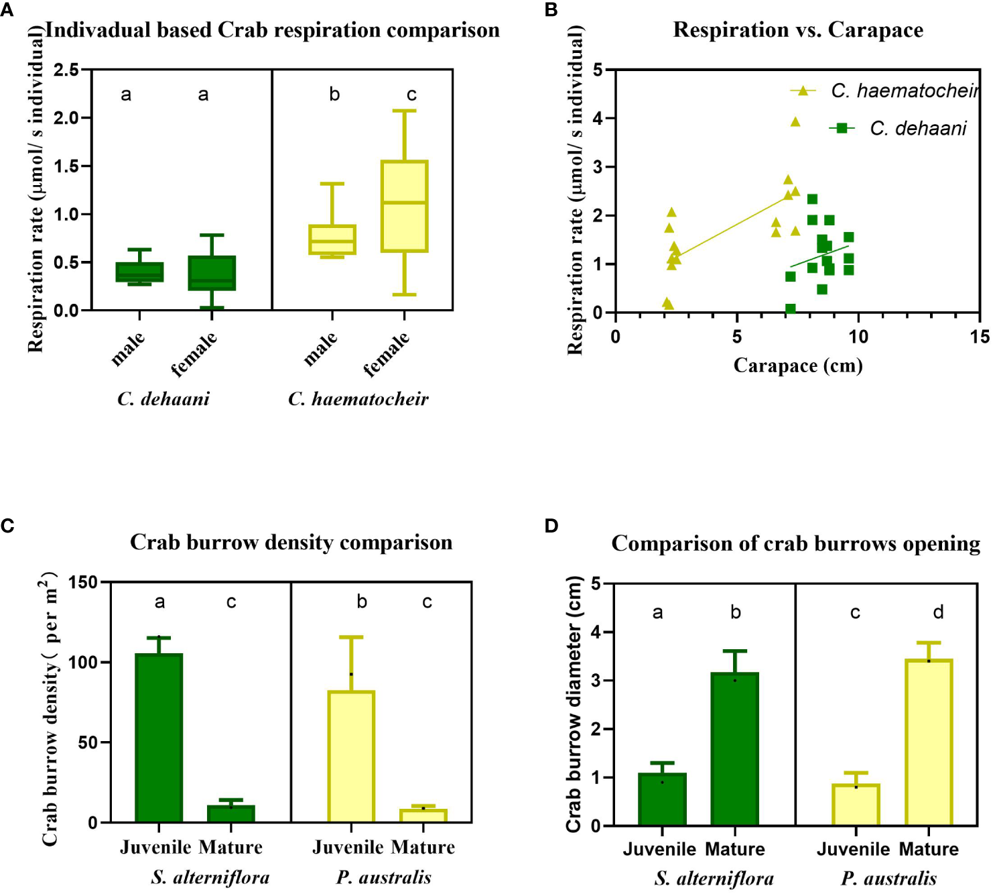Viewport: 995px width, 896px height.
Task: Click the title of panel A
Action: (272, 30)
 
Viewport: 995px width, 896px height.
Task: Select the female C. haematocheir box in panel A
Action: (404, 206)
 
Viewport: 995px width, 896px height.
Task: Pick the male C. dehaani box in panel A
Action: (139, 272)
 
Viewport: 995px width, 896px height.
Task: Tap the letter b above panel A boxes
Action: (334, 95)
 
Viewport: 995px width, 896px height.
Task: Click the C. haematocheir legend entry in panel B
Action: (884, 91)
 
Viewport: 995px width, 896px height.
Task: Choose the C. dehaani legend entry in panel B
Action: (898, 128)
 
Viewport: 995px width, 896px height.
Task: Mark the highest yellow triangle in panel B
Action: (795, 122)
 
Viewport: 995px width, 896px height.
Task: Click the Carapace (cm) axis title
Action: (797, 366)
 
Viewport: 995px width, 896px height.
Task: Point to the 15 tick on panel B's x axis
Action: (979, 337)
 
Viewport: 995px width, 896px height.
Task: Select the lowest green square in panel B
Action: (790, 309)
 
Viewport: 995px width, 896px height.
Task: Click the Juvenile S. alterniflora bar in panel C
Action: (159, 738)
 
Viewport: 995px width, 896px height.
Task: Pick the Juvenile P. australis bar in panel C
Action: (351, 757)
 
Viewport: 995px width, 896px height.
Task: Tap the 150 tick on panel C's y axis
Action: (83, 583)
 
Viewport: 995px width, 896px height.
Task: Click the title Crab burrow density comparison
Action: (291, 543)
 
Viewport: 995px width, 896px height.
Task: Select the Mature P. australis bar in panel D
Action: (928, 742)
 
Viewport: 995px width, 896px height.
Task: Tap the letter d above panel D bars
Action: (938, 612)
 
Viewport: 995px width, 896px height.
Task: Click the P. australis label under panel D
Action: (888, 879)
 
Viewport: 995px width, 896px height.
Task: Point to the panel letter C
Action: (7, 526)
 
